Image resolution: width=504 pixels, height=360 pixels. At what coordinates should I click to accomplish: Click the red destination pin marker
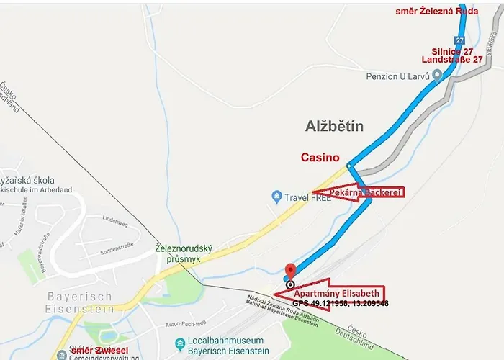click(x=290, y=270)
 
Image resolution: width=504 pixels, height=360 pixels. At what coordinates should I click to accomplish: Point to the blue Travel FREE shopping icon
click(x=276, y=196)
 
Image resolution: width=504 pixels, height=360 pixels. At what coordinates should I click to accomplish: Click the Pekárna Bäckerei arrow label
click(x=360, y=192)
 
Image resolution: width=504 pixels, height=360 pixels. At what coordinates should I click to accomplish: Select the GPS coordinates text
click(x=340, y=304)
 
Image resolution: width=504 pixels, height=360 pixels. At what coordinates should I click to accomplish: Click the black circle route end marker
click(x=289, y=284)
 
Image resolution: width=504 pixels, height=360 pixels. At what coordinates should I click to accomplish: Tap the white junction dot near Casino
click(x=348, y=166)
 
